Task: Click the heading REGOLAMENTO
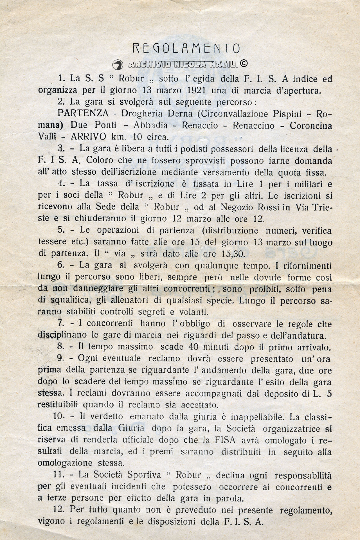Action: point(186,48)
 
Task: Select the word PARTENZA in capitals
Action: point(83,113)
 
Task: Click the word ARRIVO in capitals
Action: point(88,137)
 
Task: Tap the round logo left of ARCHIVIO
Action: point(118,65)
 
